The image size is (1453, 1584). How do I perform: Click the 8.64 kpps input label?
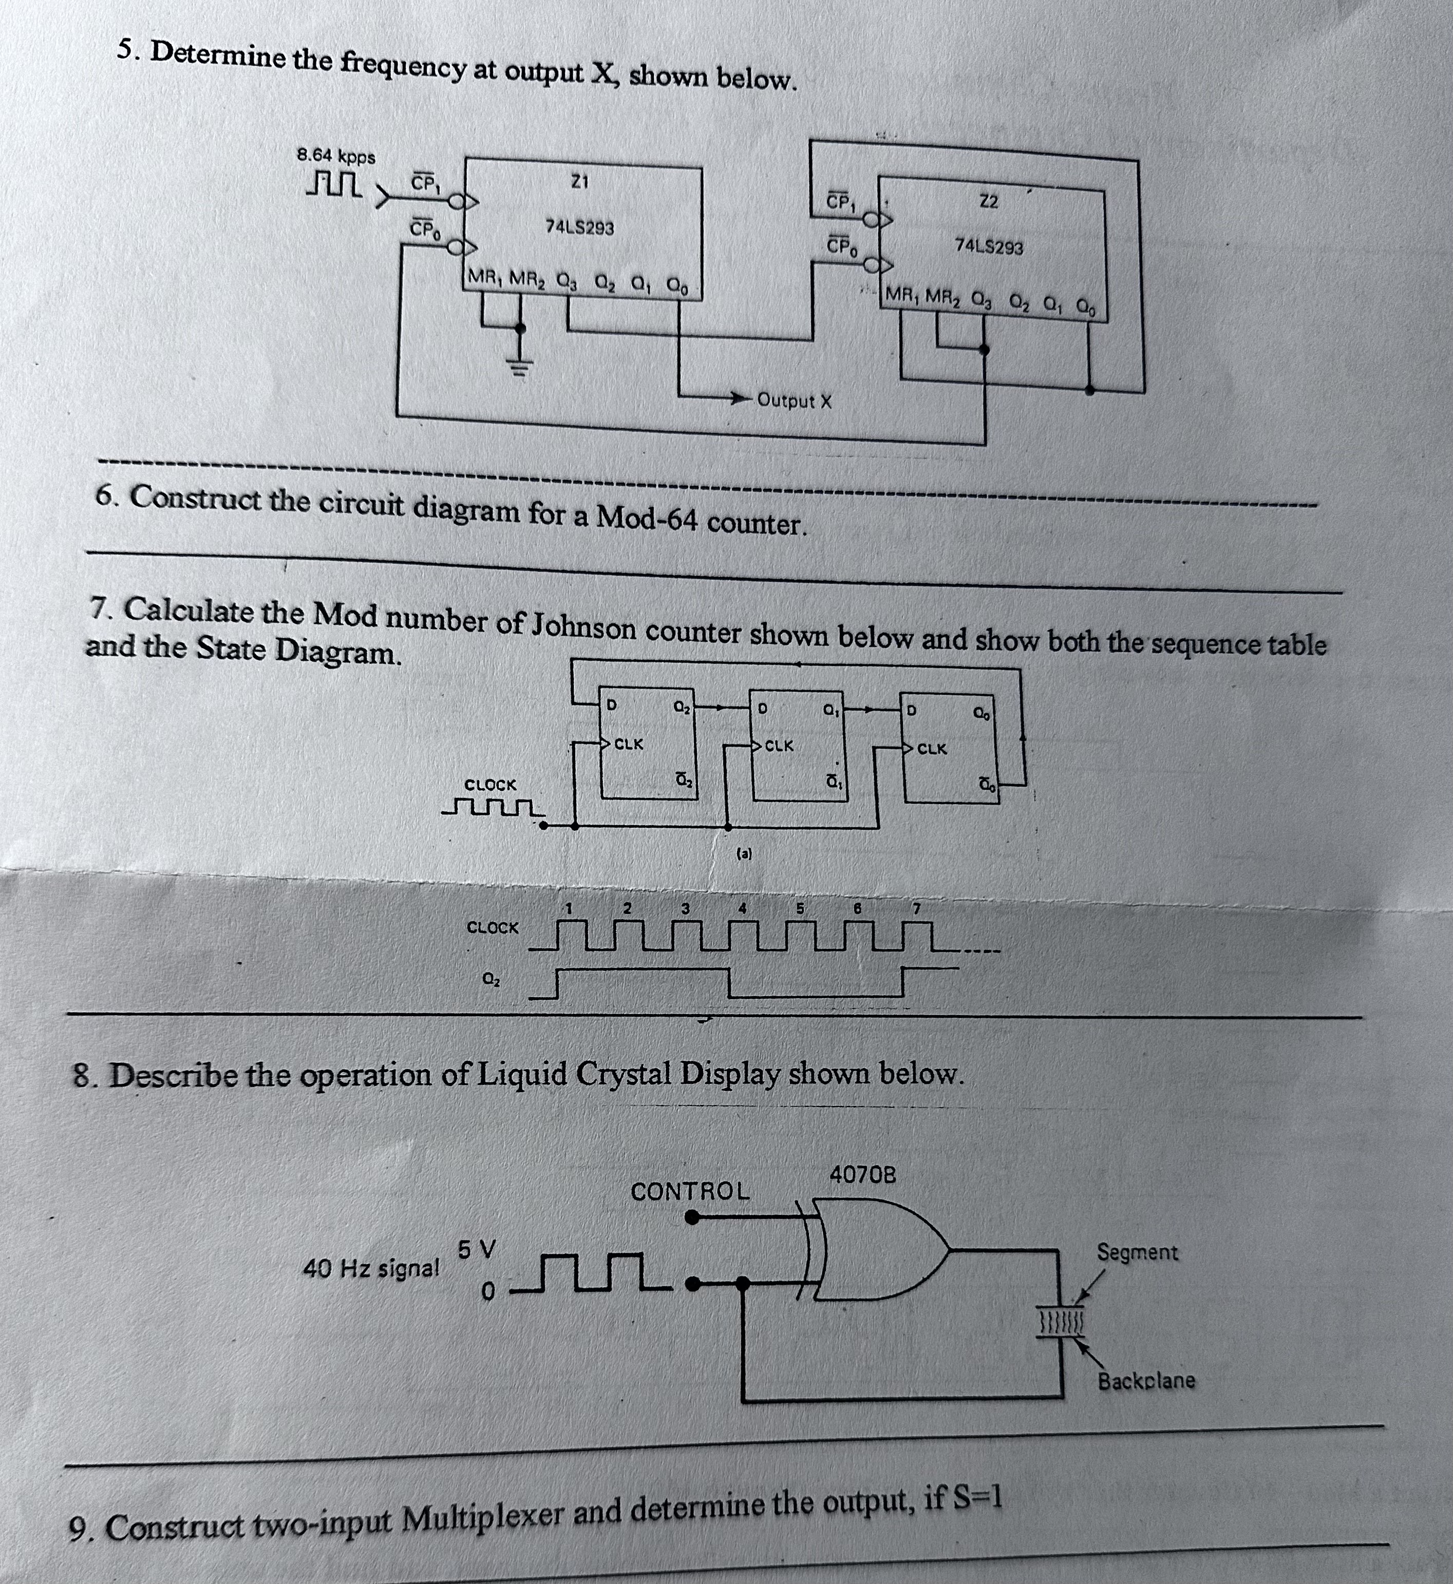coord(336,155)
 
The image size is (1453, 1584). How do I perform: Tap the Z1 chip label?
coord(579,182)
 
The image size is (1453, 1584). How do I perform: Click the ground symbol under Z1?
coord(519,366)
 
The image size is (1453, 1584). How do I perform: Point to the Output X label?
coord(794,401)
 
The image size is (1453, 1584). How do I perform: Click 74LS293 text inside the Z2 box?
coord(988,246)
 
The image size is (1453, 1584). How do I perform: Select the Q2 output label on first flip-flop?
coord(681,707)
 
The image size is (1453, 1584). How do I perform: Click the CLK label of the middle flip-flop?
coord(779,745)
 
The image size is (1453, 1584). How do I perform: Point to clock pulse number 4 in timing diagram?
coord(742,908)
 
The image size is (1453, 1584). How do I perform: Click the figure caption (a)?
coord(743,853)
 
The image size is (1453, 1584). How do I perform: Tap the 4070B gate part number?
coord(862,1175)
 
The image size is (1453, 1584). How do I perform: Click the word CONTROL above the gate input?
coord(690,1191)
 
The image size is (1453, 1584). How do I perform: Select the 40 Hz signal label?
coord(371,1268)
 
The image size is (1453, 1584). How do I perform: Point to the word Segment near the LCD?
coord(1137,1252)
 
